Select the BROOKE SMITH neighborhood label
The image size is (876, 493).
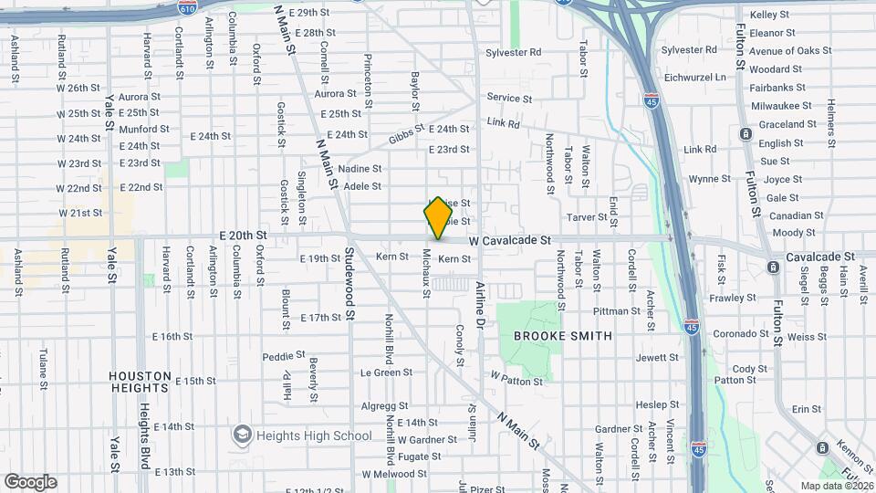tap(563, 336)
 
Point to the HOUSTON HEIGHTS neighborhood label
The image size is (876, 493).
tap(140, 375)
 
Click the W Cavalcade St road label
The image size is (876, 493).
tap(511, 241)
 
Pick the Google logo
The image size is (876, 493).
tap(30, 482)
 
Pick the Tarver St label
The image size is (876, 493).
tap(587, 217)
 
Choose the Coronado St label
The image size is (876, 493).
tap(741, 333)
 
